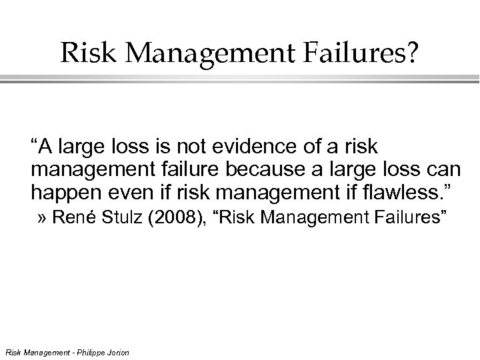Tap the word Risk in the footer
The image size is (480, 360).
pyautogui.click(x=11, y=351)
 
